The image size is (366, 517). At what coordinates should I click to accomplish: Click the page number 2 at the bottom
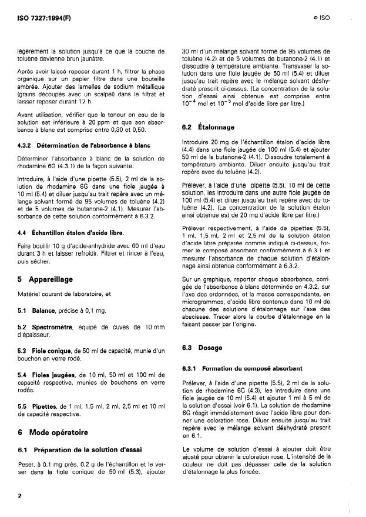tap(19, 495)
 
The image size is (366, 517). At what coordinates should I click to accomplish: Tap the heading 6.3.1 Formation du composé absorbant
tap(234, 368)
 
